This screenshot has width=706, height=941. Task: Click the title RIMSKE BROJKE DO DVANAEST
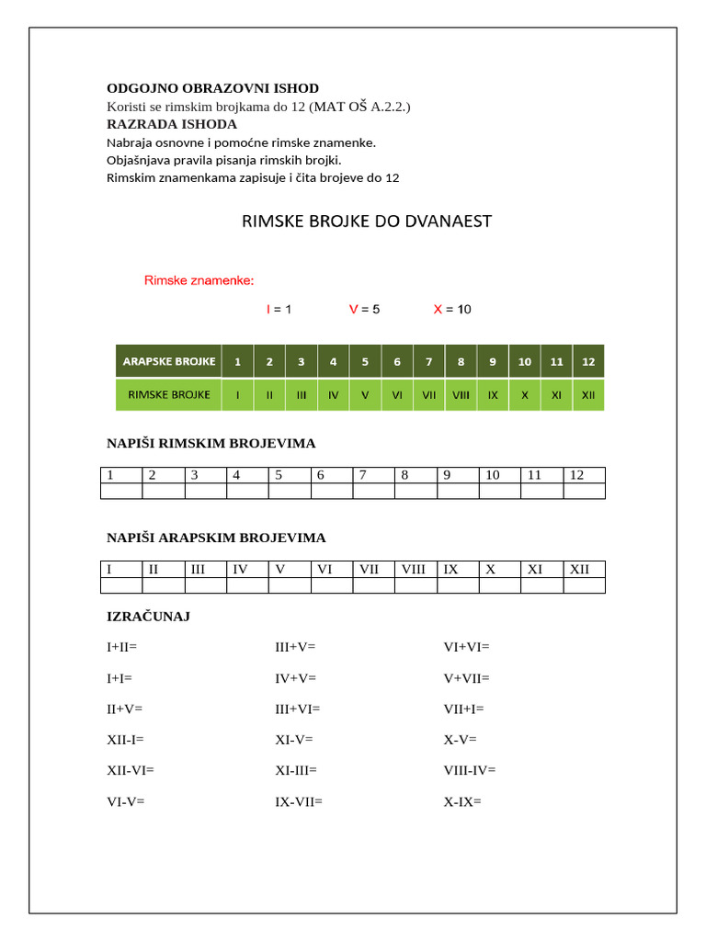[x=366, y=221]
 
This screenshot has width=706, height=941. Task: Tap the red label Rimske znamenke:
[x=199, y=279]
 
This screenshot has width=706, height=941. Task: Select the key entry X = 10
[x=452, y=310]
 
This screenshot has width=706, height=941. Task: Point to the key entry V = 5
[x=364, y=310]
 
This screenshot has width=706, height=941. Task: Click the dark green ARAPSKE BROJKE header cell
[x=168, y=361]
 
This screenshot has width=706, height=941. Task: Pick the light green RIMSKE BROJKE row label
[x=168, y=395]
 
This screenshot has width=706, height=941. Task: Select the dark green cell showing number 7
[x=428, y=361]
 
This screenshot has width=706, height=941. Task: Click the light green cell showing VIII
[x=461, y=395]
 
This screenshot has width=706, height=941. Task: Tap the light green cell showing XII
[x=588, y=395]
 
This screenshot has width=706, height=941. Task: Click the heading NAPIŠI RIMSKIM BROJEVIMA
[x=211, y=444]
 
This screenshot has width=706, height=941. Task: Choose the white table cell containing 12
[x=584, y=475]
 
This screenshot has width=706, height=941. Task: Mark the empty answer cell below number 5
[x=290, y=491]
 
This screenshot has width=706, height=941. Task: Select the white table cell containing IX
[x=458, y=569]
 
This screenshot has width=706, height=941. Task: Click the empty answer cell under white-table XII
[x=584, y=585]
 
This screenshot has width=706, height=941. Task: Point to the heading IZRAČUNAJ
[x=149, y=617]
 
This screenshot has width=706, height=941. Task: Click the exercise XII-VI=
[x=131, y=770]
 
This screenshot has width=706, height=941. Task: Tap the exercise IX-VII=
[x=299, y=801]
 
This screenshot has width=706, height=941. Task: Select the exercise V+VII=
[x=467, y=678]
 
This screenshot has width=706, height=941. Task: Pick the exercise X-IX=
[x=462, y=801]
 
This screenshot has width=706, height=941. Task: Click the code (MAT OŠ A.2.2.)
[x=359, y=107]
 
